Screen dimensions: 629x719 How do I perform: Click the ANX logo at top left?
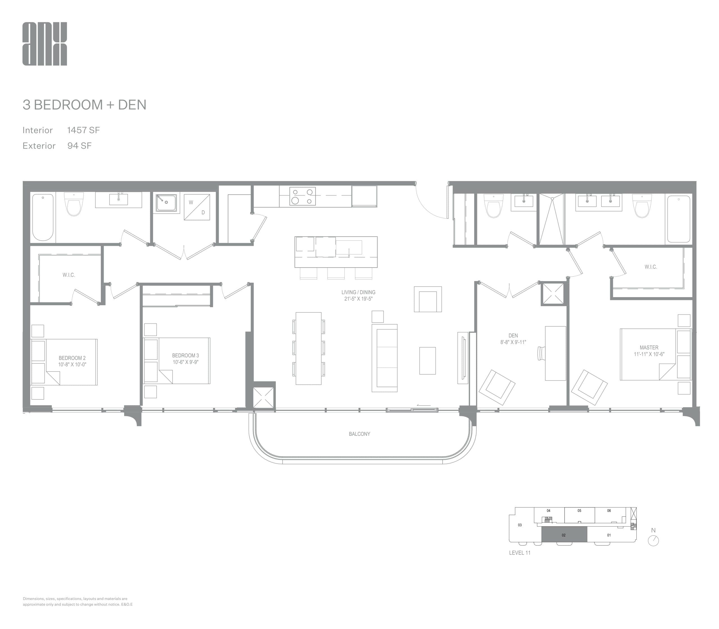[45, 44]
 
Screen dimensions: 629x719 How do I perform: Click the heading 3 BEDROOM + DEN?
[84, 104]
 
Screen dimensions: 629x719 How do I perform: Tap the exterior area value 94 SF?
[79, 146]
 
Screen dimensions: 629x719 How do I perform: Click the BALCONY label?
[359, 434]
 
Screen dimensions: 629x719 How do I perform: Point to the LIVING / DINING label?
[358, 292]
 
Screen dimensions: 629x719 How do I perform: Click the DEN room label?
[513, 336]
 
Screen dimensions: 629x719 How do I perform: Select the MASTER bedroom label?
[649, 348]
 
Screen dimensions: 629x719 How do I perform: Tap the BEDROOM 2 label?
[72, 358]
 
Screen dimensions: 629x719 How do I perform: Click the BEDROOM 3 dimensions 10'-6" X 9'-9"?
[185, 362]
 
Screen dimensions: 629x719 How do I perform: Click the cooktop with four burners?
[302, 196]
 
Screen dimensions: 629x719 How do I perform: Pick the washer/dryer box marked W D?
[197, 207]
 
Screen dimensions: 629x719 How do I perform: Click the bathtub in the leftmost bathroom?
[43, 217]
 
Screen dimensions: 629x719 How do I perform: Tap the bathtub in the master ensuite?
[678, 219]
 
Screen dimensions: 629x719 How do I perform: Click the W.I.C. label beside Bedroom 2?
[69, 275]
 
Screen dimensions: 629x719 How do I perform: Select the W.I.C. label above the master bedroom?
[650, 267]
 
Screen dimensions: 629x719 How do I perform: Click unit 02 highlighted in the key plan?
[564, 535]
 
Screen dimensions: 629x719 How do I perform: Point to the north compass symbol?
[653, 540]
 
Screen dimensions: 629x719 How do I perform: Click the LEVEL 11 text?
[520, 553]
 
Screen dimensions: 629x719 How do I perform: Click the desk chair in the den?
[541, 353]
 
